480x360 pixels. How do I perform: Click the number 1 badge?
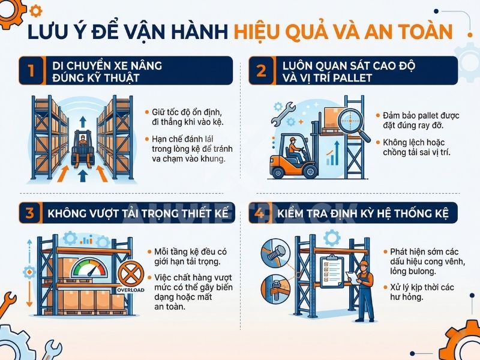31,71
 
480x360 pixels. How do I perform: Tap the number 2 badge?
262,71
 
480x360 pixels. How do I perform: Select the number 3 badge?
31,213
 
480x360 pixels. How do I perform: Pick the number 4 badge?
262,213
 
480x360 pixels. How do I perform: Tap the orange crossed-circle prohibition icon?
129,274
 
